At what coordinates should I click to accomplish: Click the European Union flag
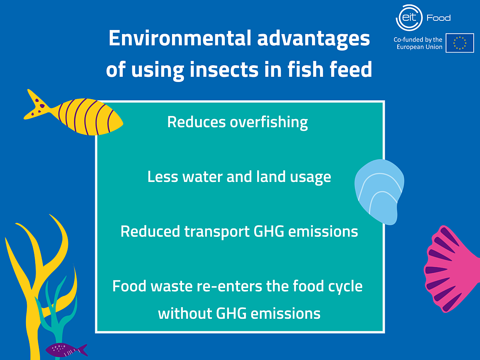(460, 43)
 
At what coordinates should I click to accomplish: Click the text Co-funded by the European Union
(418, 43)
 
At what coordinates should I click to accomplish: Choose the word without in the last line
(185, 313)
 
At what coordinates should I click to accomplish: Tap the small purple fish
(64, 350)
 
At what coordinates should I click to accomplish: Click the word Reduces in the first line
(196, 122)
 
